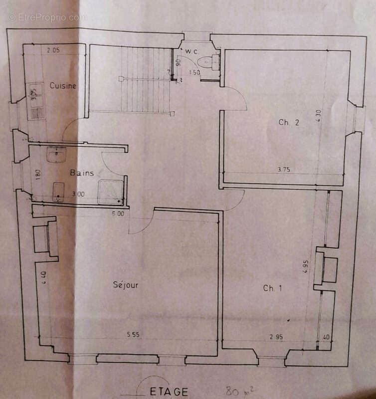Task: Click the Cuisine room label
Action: (x=63, y=86)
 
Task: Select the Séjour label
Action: (x=125, y=285)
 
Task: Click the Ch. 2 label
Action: (x=289, y=122)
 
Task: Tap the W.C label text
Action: (x=192, y=52)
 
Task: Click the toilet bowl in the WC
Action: (x=204, y=62)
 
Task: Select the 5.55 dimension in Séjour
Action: (x=133, y=335)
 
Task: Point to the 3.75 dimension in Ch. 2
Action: (x=283, y=170)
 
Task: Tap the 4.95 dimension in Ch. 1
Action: (x=306, y=265)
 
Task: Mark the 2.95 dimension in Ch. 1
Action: (x=276, y=337)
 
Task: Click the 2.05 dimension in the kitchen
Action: (x=53, y=50)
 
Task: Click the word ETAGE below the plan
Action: (x=169, y=392)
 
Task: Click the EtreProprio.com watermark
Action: (x=47, y=17)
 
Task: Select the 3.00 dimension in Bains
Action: (x=78, y=194)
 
